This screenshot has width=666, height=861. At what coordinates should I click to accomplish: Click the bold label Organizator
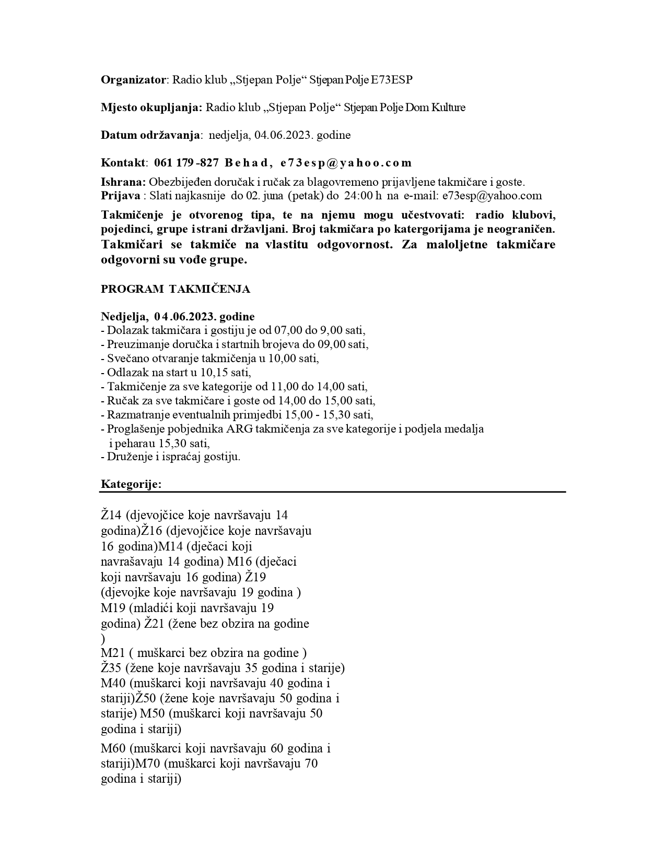coord(133,80)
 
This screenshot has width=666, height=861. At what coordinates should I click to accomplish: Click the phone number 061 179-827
coord(186,163)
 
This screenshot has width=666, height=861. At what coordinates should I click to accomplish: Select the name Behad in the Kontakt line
coord(246,163)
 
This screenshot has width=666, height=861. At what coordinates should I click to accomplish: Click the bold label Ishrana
coord(123,182)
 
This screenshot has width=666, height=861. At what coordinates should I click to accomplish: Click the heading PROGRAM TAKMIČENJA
coord(176,290)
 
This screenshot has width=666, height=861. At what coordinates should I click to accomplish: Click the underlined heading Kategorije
coord(131,484)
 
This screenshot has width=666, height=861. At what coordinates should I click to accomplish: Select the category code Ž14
coord(111,515)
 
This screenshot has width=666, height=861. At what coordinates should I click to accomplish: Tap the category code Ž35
coord(111,668)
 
